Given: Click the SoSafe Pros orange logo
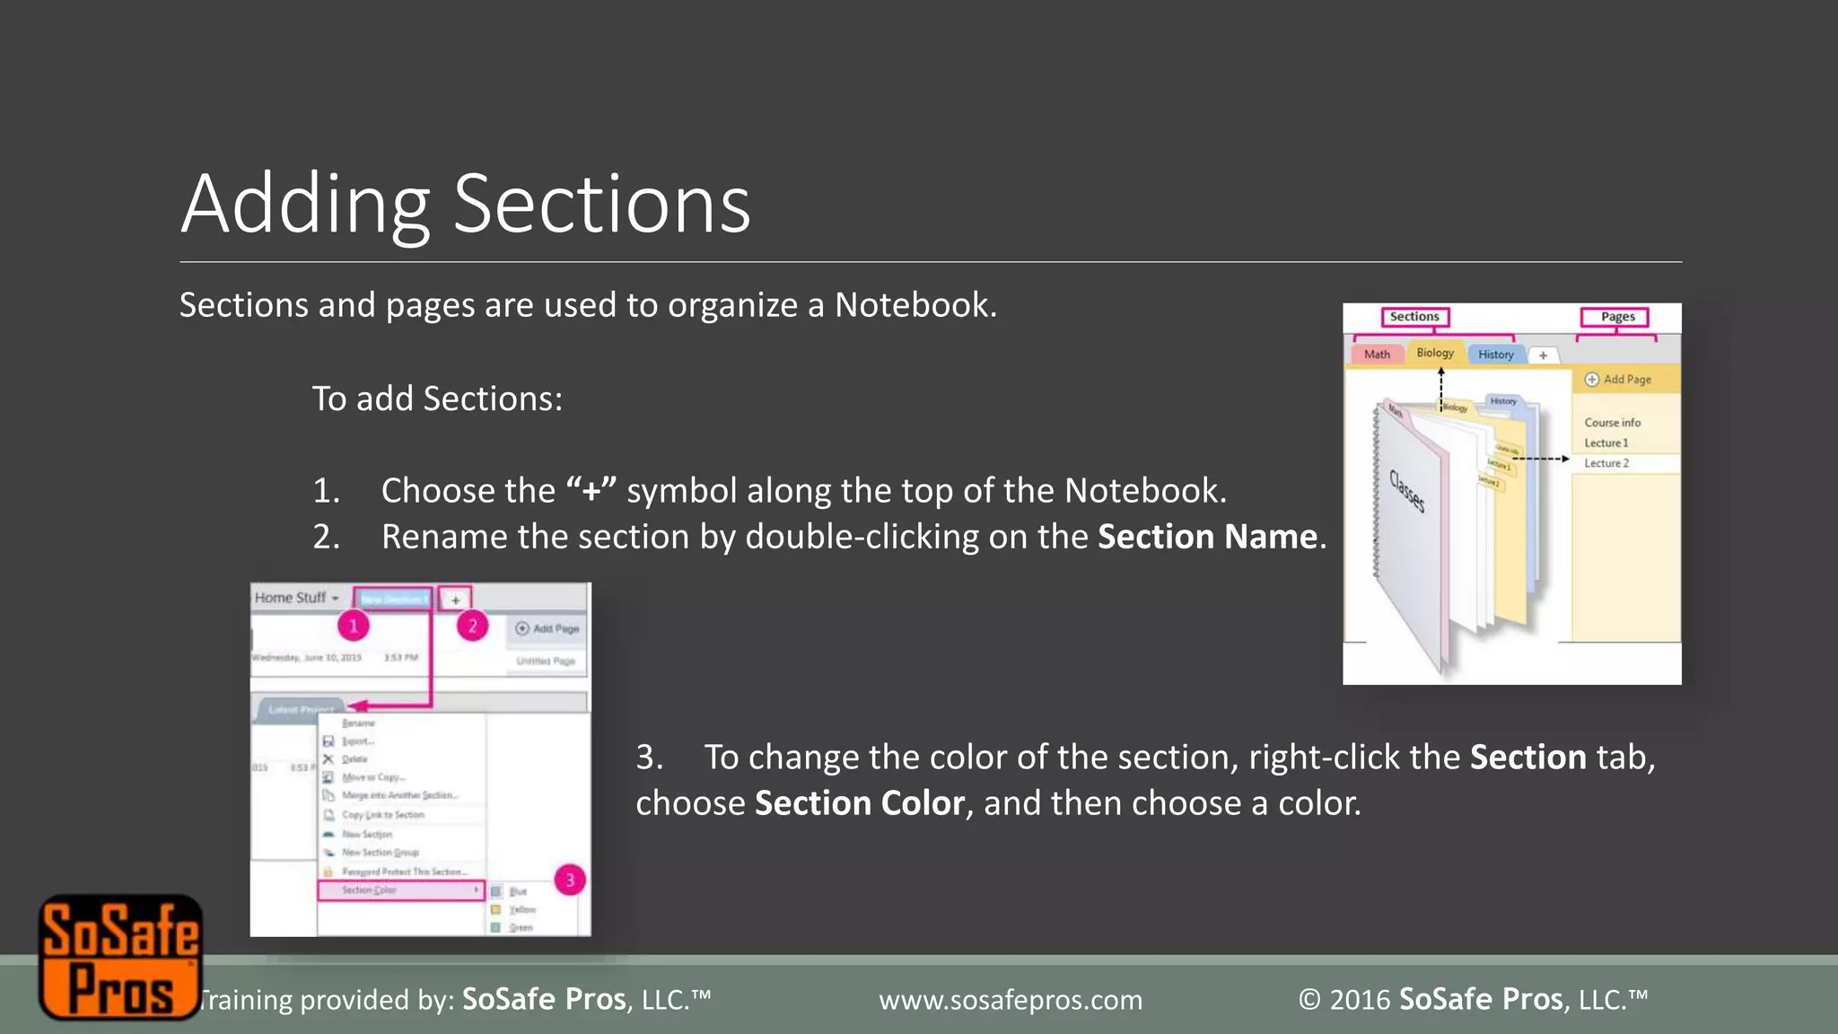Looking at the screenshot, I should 120,957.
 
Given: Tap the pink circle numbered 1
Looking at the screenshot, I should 354,626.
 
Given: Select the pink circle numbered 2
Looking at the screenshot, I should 472,626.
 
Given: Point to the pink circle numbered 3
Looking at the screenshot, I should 570,880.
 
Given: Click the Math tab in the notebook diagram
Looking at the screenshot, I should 1377,355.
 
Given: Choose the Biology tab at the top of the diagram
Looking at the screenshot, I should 1435,353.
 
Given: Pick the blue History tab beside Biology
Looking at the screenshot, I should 1495,355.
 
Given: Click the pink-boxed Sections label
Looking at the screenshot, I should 1414,317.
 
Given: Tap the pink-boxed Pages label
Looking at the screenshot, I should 1617,317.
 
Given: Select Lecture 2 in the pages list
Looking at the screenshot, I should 1606,463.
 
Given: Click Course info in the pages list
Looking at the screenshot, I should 1612,423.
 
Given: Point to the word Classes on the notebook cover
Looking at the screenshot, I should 1407,491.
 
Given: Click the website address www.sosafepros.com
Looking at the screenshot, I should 1011,1000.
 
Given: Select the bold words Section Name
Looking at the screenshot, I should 1207,537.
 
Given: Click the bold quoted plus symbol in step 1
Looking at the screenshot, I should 591,491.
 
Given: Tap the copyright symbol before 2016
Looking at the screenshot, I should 1309,1000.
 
